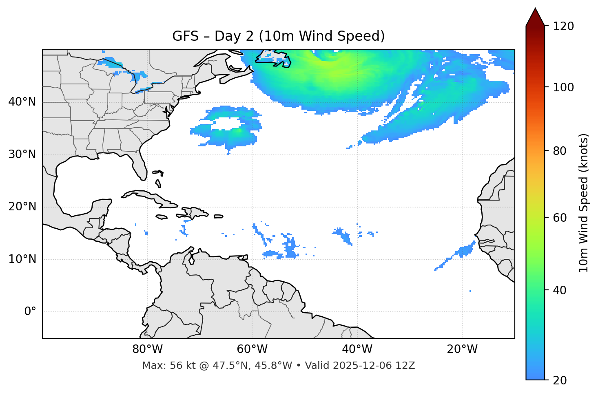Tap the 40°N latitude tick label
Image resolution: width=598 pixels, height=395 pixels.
22,102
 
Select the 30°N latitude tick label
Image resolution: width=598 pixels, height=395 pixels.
22,154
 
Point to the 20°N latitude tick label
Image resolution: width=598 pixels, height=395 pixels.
22,207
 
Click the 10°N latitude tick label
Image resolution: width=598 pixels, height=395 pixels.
22,259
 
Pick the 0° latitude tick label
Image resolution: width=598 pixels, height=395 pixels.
30,312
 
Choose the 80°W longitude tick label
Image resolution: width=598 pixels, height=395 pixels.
147,349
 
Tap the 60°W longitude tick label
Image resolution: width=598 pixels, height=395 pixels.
252,349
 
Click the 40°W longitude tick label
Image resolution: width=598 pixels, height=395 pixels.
357,349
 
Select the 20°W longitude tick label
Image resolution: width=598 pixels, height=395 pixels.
462,349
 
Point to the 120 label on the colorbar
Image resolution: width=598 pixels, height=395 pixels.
563,26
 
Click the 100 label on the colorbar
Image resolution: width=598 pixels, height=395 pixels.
563,87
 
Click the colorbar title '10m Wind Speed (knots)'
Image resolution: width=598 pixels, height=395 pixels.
584,203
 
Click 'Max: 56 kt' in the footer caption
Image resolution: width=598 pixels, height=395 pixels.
159,366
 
